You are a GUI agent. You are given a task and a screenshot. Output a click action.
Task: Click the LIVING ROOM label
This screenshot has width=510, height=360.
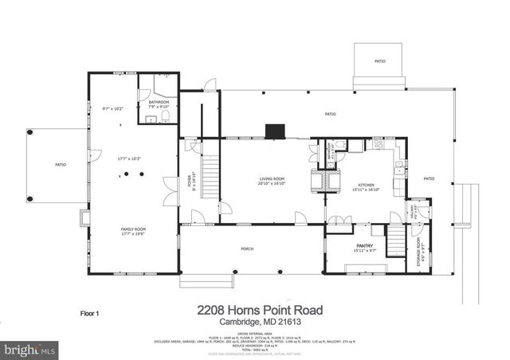coord(272,178)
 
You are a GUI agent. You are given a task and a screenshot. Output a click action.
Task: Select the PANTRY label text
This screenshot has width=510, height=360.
coord(365,246)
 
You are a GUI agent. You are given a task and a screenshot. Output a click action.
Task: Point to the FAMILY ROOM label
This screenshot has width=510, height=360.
coord(133,229)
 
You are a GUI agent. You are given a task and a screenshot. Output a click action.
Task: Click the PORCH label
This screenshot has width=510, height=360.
coord(248,249)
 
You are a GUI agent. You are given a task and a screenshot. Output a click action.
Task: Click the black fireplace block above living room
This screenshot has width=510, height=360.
coord(277,128)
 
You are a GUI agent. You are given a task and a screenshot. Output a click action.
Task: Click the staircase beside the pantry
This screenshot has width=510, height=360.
coord(396,241)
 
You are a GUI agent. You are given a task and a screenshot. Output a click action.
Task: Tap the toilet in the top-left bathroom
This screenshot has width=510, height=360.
coord(165,117)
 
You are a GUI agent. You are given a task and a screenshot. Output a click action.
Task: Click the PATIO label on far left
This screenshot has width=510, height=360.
coord(60,165)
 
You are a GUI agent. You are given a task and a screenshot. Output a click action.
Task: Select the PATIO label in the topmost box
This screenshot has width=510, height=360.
coord(379,61)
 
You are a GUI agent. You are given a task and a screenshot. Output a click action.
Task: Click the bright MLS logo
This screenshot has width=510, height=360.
coord(29,349)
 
